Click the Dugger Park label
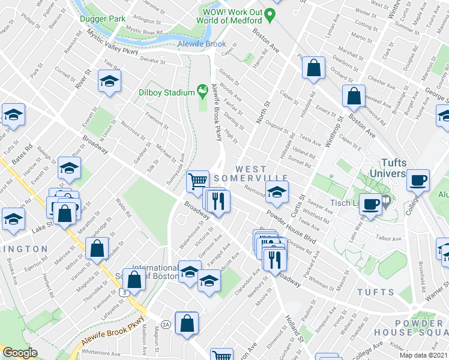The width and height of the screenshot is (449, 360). [103, 19]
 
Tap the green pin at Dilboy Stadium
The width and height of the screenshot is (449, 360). [203, 92]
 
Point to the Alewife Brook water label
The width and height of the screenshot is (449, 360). [201, 44]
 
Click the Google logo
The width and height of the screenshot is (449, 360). [20, 353]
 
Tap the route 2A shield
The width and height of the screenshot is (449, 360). [166, 324]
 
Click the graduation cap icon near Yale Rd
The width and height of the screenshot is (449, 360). [110, 80]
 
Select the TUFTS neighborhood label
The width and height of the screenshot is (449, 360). [375, 292]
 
